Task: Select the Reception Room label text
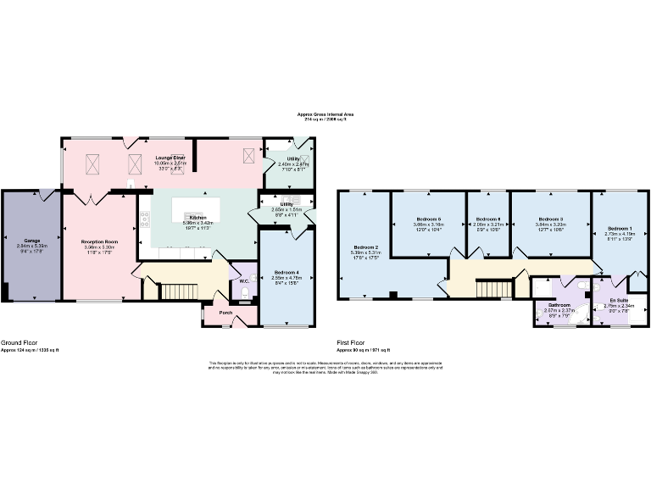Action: (x=99, y=241)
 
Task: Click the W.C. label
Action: (x=244, y=280)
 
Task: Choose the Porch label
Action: (x=225, y=312)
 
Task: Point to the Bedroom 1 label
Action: (x=620, y=229)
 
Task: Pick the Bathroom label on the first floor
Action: (x=559, y=304)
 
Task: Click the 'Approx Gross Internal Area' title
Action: (x=325, y=114)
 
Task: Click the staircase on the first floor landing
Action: (x=492, y=289)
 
